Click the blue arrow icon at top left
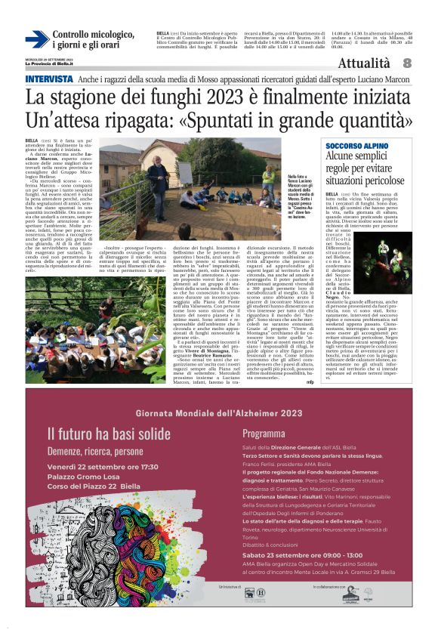tap(37, 40)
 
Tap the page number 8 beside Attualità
tap(407, 63)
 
